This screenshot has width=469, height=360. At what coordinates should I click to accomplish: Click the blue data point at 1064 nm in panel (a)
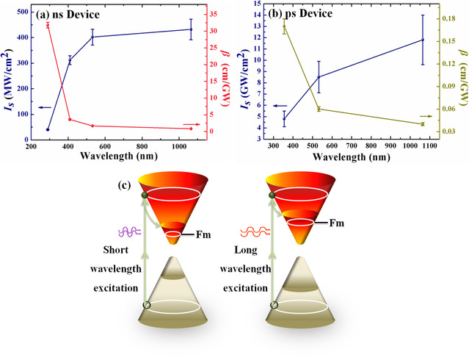pos(191,29)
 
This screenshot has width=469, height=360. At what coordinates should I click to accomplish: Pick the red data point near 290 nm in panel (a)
pos(48,25)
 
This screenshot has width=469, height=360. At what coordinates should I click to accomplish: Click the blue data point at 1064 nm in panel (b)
pos(423,40)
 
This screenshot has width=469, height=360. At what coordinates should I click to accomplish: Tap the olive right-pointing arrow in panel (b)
pos(424,116)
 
